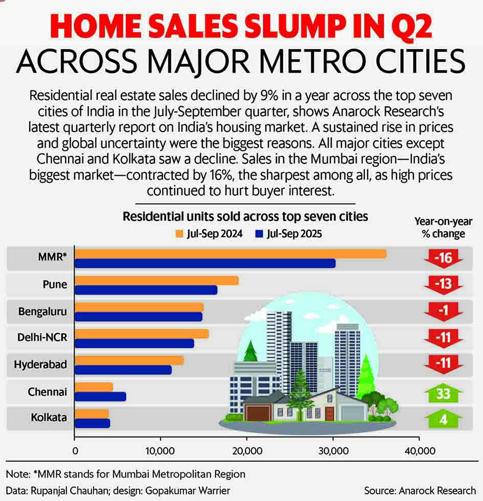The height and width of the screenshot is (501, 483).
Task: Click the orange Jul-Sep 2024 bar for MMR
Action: coord(230,254)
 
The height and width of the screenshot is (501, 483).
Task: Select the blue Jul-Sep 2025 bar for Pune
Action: coord(146,290)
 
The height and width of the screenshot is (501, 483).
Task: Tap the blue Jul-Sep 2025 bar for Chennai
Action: coord(100,396)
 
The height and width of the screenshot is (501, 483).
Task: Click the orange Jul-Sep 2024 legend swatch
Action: coord(179,234)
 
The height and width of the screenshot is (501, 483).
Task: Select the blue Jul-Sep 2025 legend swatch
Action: coord(259,234)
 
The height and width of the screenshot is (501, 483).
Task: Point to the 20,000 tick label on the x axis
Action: coord(247,451)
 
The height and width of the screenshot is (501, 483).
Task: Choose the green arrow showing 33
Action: coord(443,393)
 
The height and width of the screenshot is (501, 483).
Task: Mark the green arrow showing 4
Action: coord(443,419)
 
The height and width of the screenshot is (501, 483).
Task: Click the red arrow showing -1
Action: coord(443,311)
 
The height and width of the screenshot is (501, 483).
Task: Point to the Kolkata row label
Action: coord(48,417)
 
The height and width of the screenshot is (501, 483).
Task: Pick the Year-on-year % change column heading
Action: coord(443,227)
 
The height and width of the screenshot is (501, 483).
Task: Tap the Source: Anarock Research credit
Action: coord(420,490)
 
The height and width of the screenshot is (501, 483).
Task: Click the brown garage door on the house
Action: coord(255,412)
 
